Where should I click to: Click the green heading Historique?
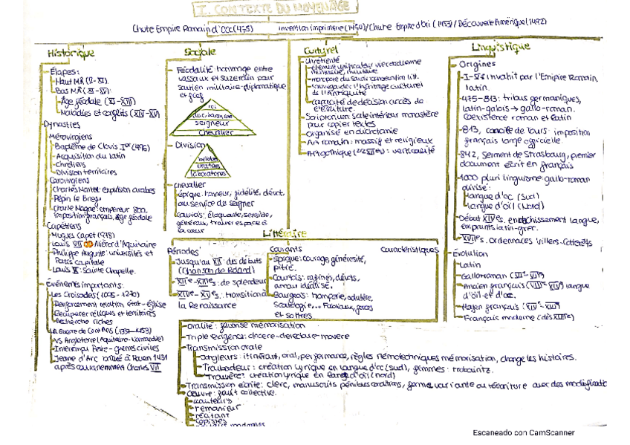70,53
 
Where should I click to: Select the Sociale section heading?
199,51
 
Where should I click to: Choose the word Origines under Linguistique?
478,65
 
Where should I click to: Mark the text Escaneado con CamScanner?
523,432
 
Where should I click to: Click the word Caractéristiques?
409,250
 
